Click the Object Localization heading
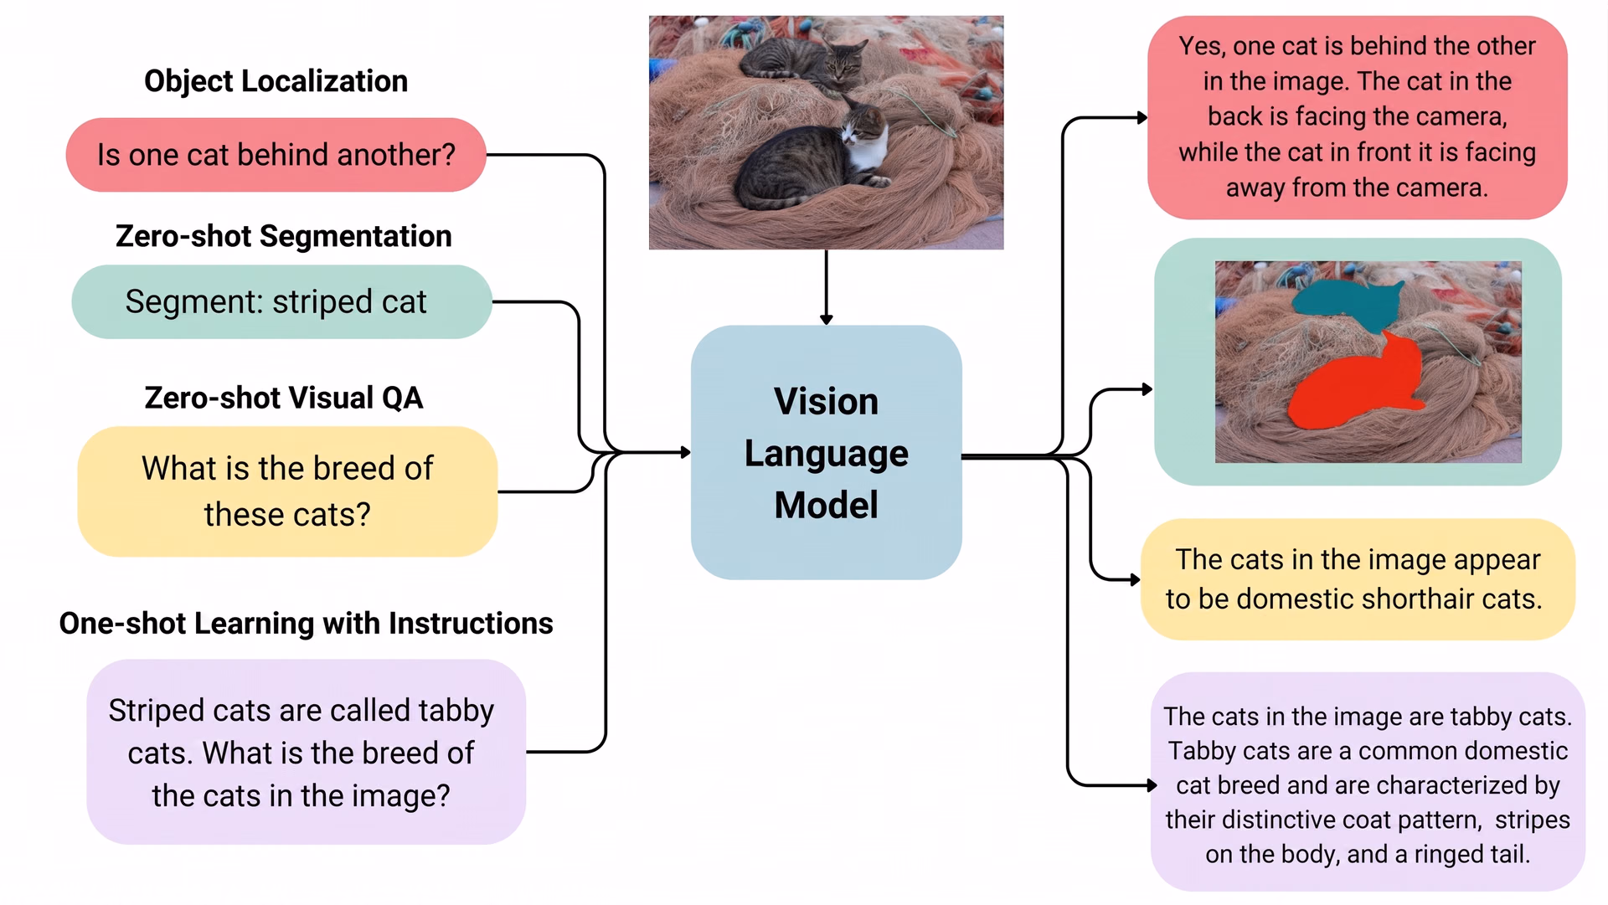click(x=276, y=81)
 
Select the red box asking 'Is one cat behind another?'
click(x=276, y=155)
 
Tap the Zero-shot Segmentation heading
click(x=283, y=236)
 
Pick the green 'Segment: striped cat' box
click(x=281, y=301)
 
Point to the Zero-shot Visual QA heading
click(x=283, y=398)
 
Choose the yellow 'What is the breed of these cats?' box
click(x=287, y=491)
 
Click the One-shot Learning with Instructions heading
click(x=306, y=624)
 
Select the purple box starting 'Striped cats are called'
click(x=306, y=752)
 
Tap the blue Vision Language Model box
click(x=826, y=452)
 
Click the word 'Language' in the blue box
click(x=826, y=453)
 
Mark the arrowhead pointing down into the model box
click(x=826, y=320)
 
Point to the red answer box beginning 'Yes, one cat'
click(x=1357, y=117)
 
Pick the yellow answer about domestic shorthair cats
click(x=1357, y=579)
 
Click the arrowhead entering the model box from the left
click(x=686, y=452)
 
